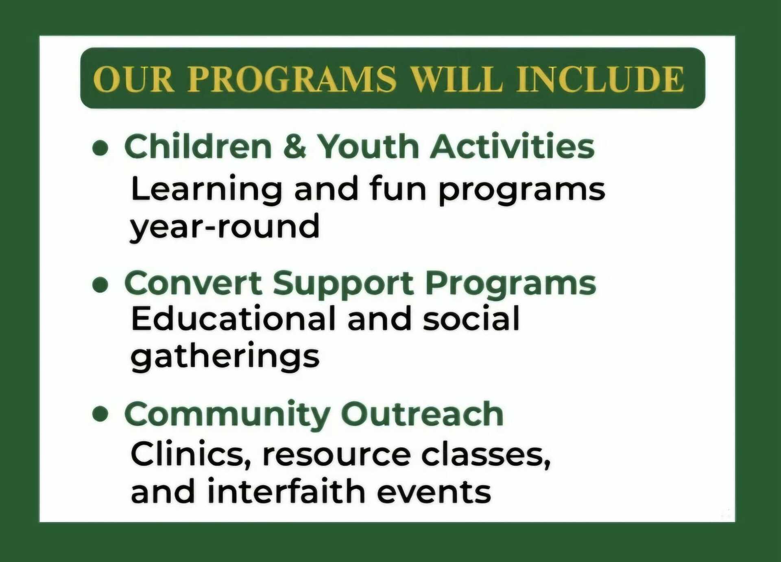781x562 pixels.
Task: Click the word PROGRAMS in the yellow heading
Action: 292,78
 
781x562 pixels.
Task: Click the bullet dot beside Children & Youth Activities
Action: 100,148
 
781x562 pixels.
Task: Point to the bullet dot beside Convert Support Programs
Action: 100,284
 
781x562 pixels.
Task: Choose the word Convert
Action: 193,283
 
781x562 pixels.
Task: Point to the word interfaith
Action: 286,491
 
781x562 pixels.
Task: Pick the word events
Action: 434,493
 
